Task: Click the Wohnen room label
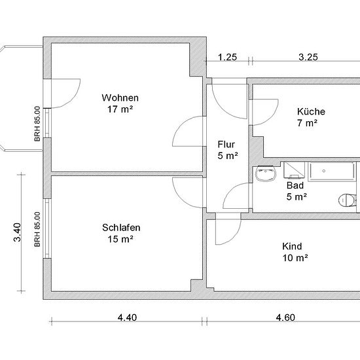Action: pyautogui.click(x=120, y=98)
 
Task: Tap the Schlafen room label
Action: pyautogui.click(x=121, y=228)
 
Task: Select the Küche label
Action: pyautogui.click(x=311, y=111)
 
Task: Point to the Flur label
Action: pyautogui.click(x=226, y=145)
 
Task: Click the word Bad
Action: pyautogui.click(x=295, y=185)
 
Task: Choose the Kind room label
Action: pyautogui.click(x=292, y=246)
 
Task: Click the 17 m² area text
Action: pyautogui.click(x=120, y=109)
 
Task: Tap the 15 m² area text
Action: pyautogui.click(x=120, y=239)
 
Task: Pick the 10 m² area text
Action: pyautogui.click(x=295, y=258)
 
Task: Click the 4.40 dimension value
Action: pyautogui.click(x=127, y=317)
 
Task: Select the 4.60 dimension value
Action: pyautogui.click(x=285, y=317)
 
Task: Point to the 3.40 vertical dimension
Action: pyautogui.click(x=18, y=232)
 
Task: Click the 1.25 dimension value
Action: pyautogui.click(x=227, y=57)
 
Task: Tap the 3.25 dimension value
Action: pyautogui.click(x=308, y=57)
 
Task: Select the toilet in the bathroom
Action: pyautogui.click(x=348, y=200)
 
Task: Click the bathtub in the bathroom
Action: pyautogui.click(x=332, y=171)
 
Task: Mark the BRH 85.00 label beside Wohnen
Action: pyautogui.click(x=37, y=124)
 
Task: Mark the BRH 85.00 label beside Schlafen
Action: pyautogui.click(x=37, y=229)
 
